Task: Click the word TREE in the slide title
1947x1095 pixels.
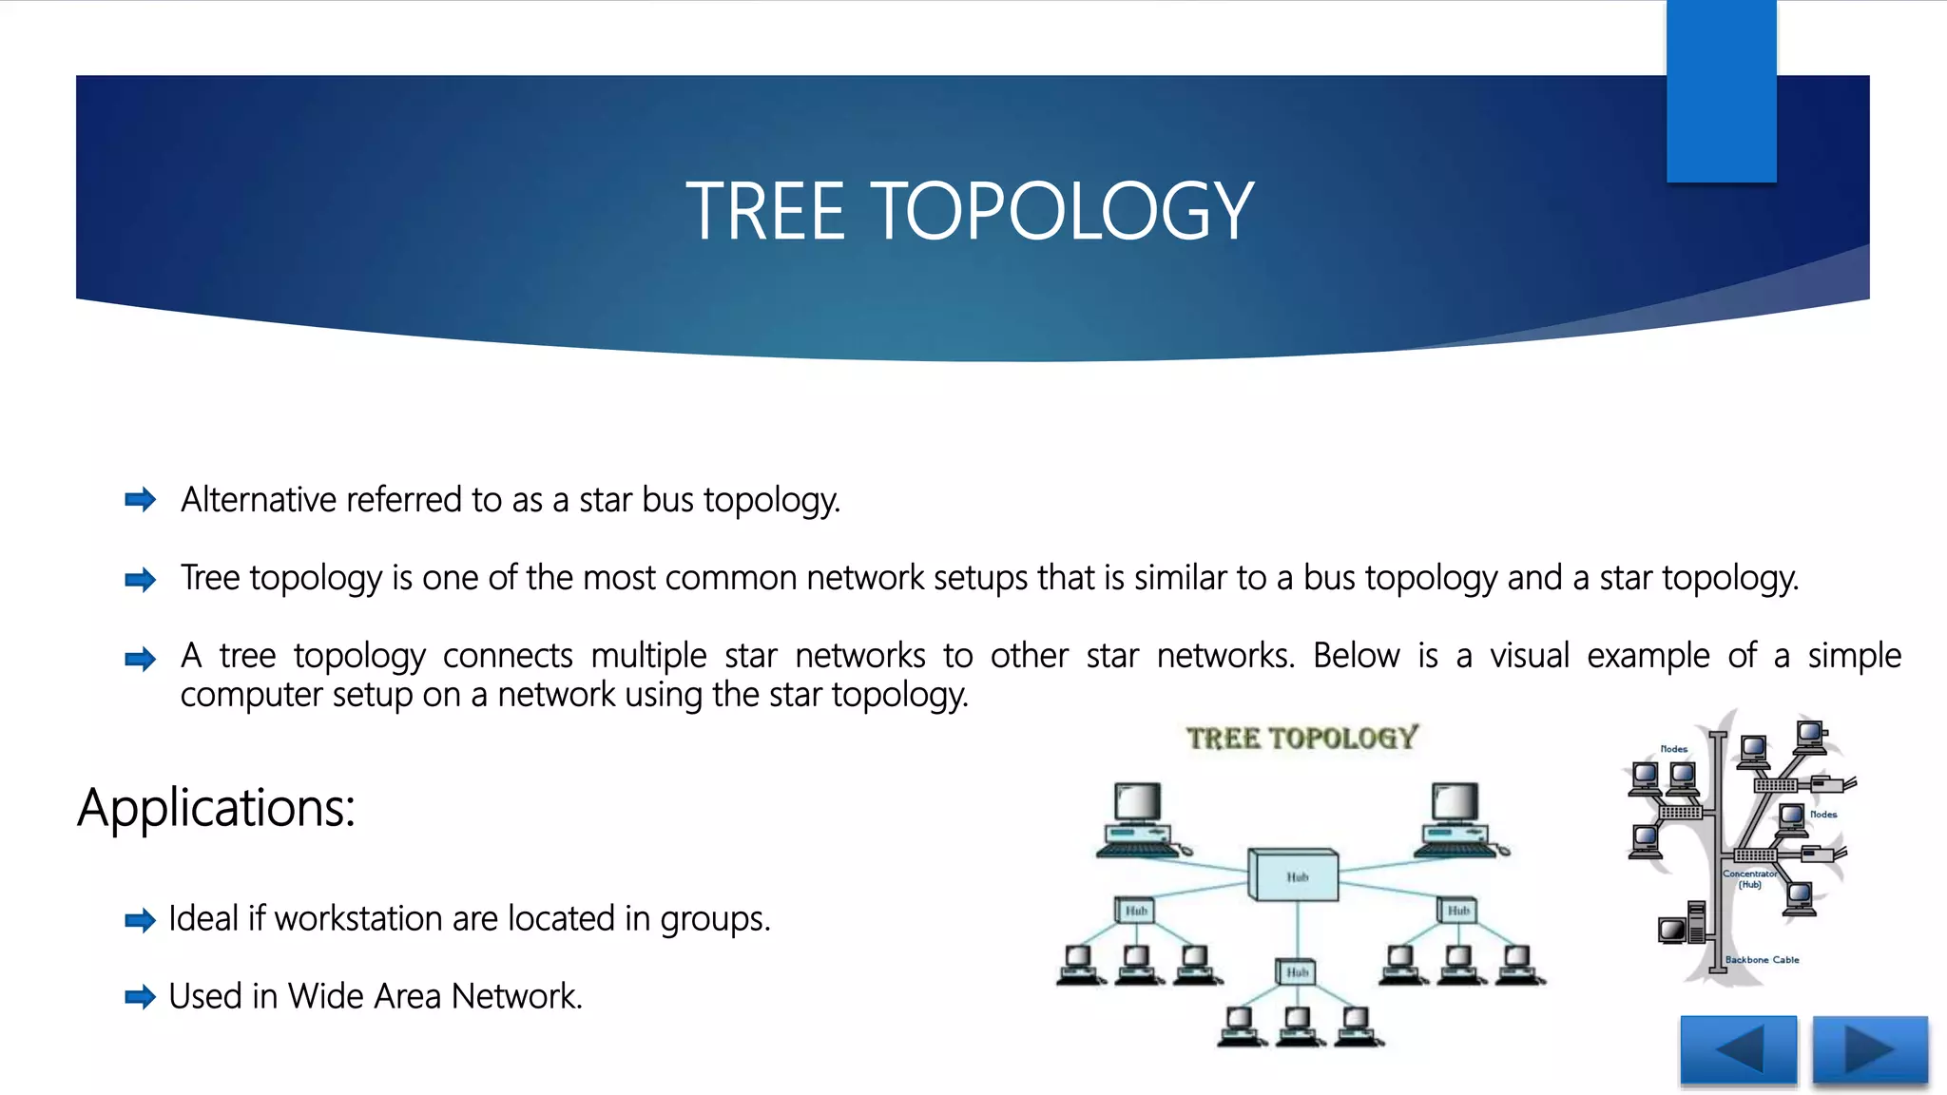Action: [765, 211]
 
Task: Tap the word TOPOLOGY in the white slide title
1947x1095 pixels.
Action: [1062, 211]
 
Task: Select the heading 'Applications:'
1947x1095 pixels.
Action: [216, 808]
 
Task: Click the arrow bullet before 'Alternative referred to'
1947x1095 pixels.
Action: [141, 500]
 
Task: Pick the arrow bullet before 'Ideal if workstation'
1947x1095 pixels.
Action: [141, 920]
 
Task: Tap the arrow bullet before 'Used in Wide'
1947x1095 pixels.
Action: [141, 997]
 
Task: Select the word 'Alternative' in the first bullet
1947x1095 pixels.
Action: [259, 499]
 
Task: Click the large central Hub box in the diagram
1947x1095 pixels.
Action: [1294, 875]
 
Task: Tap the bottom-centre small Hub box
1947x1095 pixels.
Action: [1296, 971]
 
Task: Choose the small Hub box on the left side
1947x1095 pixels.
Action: [1134, 911]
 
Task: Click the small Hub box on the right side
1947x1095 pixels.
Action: [1457, 911]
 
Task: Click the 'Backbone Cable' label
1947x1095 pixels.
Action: [1762, 960]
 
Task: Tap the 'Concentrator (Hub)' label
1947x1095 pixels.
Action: [1749, 879]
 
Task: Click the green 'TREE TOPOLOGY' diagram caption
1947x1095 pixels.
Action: [1301, 739]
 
